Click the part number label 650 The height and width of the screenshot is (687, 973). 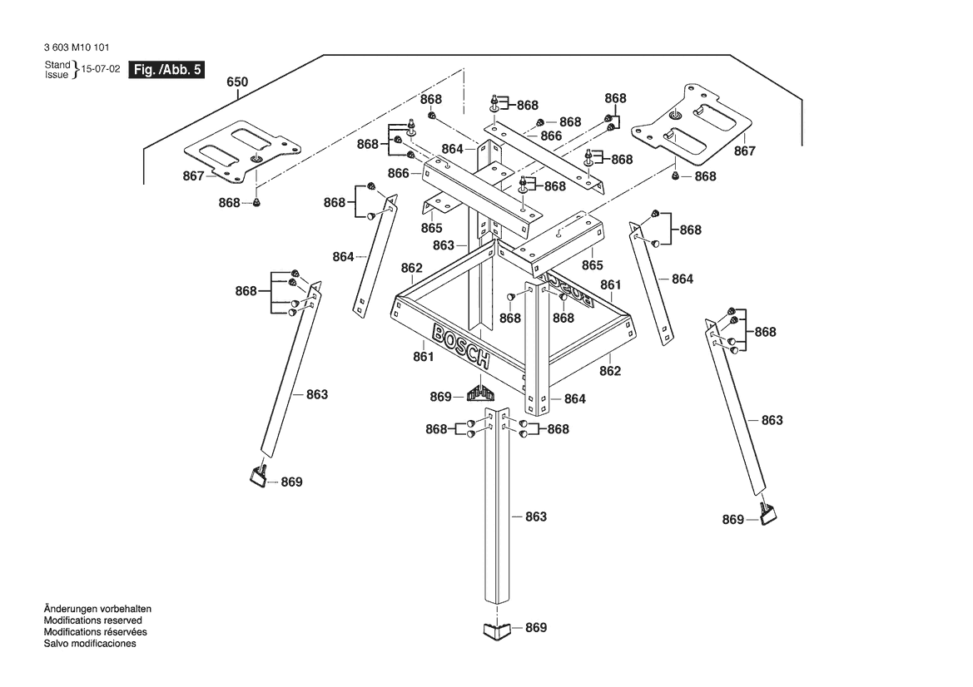pos(237,82)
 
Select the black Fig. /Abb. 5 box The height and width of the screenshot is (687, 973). pos(166,70)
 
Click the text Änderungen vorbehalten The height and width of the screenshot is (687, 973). pos(97,610)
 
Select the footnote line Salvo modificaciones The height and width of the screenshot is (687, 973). pos(90,644)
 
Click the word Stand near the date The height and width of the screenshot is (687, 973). pos(57,65)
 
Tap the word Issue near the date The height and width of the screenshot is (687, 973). pos(57,75)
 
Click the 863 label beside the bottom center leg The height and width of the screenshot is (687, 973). pos(535,516)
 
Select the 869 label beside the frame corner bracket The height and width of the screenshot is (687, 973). pos(440,397)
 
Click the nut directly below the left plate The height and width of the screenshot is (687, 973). pos(257,202)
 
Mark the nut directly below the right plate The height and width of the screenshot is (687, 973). pos(675,175)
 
